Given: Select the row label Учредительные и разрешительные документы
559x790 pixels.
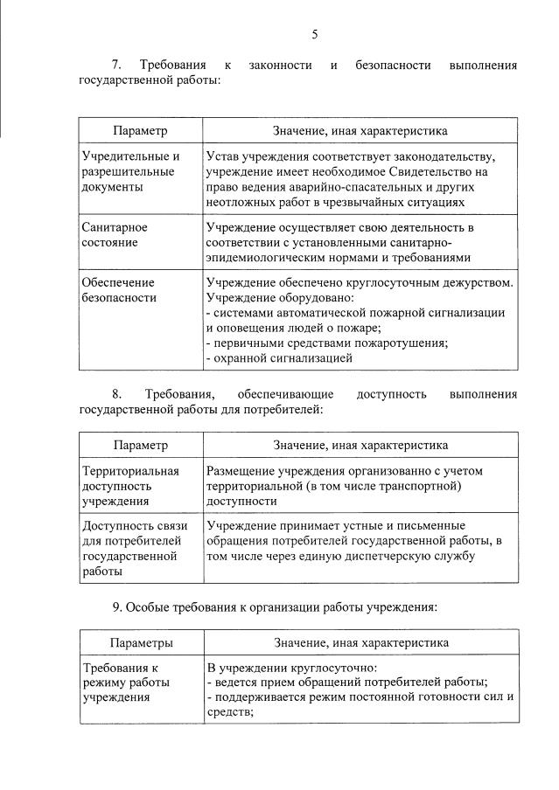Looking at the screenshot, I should (130, 171).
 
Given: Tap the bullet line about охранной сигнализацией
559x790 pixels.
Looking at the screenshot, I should (278, 357).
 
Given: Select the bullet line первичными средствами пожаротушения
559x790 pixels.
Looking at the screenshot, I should (326, 343).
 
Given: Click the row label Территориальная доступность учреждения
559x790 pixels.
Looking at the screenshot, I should (130, 486).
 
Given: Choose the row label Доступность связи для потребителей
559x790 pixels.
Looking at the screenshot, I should (130, 549).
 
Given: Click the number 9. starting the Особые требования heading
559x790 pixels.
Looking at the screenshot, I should (117, 606).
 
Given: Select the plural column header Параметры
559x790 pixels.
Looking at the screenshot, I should (141, 642).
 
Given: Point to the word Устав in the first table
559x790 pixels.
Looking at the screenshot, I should (222, 156).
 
